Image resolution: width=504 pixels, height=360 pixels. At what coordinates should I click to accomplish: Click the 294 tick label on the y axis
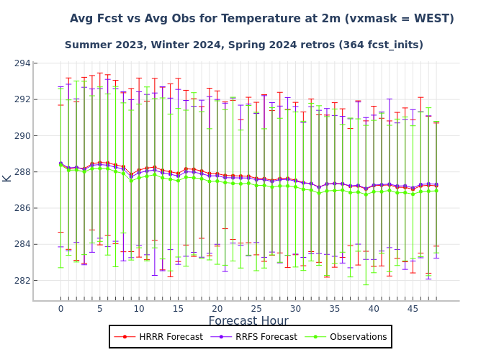click(21, 63)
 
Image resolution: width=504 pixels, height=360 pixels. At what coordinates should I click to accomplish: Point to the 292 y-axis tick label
click(21, 99)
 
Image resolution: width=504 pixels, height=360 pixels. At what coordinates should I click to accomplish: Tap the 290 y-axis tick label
click(21, 135)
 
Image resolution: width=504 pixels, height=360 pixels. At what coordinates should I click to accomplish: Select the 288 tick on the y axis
click(21, 172)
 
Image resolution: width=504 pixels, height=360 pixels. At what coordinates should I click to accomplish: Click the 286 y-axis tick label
click(21, 208)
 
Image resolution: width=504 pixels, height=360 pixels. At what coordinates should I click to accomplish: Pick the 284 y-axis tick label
click(21, 244)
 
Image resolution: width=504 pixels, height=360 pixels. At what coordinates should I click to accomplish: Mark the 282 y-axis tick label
click(21, 281)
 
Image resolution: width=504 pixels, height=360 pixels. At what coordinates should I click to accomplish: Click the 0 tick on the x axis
click(60, 309)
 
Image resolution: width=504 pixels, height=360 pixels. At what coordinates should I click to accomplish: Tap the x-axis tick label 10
click(138, 309)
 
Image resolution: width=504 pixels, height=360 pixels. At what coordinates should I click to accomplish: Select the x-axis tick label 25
click(256, 309)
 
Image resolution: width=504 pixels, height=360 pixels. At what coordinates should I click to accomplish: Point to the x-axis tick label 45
click(413, 309)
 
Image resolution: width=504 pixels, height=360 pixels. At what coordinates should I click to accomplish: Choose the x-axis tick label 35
click(334, 309)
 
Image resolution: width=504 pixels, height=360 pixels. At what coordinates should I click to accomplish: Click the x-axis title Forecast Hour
click(248, 322)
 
